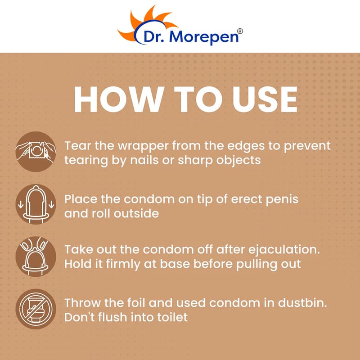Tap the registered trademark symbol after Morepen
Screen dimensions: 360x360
240,31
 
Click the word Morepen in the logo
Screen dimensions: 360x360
204,36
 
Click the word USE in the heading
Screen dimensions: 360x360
265,99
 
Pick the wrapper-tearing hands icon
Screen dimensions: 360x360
36,152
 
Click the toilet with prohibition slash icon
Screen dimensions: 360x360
36,309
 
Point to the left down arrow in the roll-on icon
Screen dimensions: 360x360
21,204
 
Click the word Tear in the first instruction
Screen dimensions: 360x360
77,145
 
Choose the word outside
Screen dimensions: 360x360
136,213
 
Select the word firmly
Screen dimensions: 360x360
123,265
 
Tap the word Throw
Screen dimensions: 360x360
83,303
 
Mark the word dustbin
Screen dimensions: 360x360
302,303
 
